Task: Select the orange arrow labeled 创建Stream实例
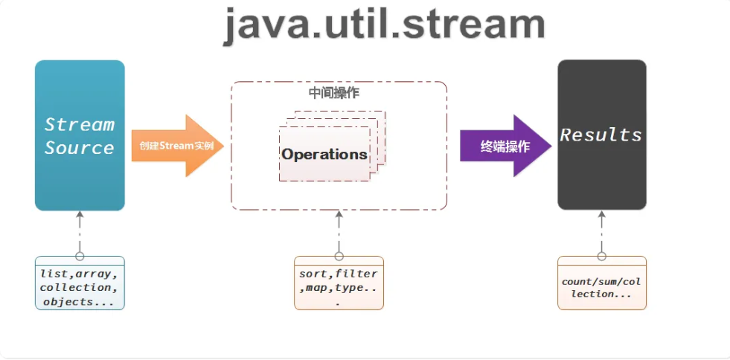177,146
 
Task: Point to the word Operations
324,155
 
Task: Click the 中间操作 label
333,93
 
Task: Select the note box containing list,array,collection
80,283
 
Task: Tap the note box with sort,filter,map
339,283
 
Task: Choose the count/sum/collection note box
601,283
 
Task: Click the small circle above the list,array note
80,256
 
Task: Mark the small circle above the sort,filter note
339,256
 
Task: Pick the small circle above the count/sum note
601,256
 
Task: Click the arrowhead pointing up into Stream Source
80,216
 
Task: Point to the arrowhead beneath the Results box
601,216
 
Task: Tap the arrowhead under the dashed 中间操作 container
339,216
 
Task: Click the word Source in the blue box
80,147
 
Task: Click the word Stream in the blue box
80,124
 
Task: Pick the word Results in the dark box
601,135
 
